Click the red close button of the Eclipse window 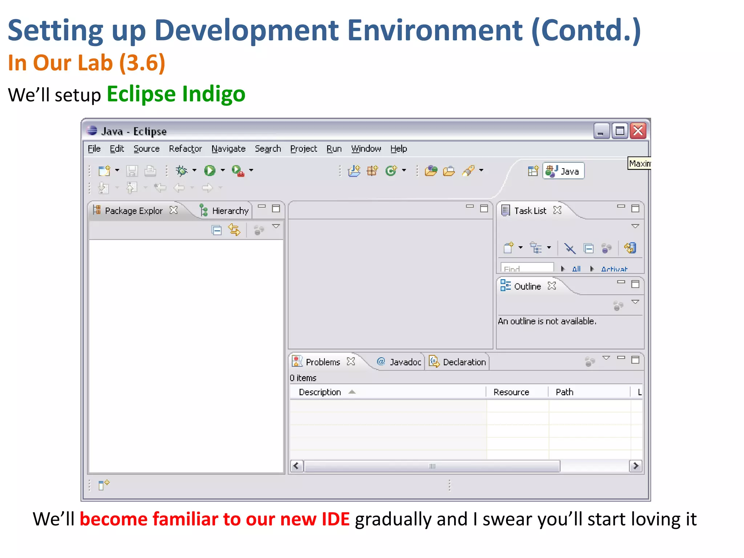(x=638, y=131)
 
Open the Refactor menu (x=185, y=149)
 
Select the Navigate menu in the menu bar (x=229, y=149)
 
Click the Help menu (x=399, y=149)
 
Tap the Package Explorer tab (x=133, y=211)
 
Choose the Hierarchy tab (x=230, y=211)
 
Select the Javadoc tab (x=405, y=362)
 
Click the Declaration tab (x=464, y=362)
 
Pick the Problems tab (x=323, y=362)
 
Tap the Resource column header (x=511, y=392)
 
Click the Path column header (x=564, y=392)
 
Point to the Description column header (x=320, y=392)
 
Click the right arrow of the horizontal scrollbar (x=635, y=466)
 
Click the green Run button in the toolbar (x=210, y=170)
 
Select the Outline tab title (x=527, y=286)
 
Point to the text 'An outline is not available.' (x=547, y=321)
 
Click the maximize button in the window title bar (x=620, y=131)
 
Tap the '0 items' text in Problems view (x=303, y=378)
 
